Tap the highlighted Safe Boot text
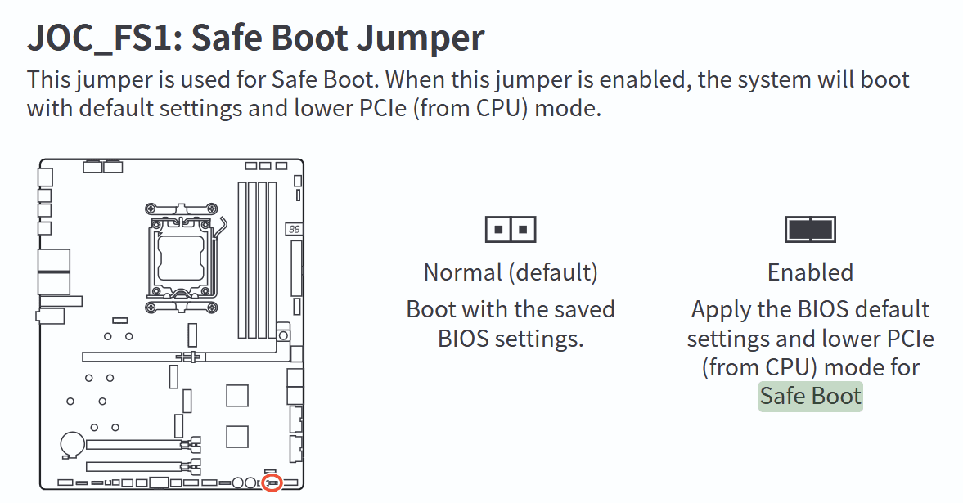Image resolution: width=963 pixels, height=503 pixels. coord(810,397)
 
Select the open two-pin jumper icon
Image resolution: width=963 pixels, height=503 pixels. coord(511,229)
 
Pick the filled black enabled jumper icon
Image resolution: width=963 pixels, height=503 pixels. coord(810,229)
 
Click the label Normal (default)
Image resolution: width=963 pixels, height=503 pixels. coord(511,272)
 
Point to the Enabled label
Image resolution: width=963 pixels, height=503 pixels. coord(810,272)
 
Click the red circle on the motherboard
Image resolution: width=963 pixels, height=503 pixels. coord(272,483)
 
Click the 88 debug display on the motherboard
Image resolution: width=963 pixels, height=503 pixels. coord(293,231)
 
